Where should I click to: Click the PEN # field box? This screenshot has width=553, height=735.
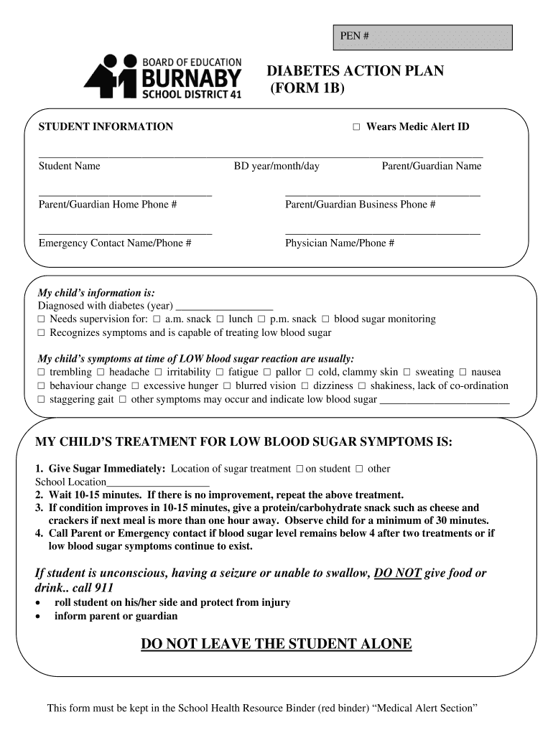tap(422, 37)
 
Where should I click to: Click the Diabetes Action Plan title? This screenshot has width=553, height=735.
tap(355, 71)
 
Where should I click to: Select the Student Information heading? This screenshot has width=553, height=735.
tap(106, 127)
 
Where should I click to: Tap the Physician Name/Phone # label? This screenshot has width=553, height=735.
tap(339, 243)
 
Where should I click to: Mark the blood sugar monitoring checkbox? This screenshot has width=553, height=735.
tap(325, 319)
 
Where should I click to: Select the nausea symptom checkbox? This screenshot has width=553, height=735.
tap(463, 373)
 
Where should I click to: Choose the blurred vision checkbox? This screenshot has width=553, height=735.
tap(227, 386)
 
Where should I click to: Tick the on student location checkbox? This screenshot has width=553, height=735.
tap(299, 469)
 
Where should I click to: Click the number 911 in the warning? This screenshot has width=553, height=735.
tap(103, 588)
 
